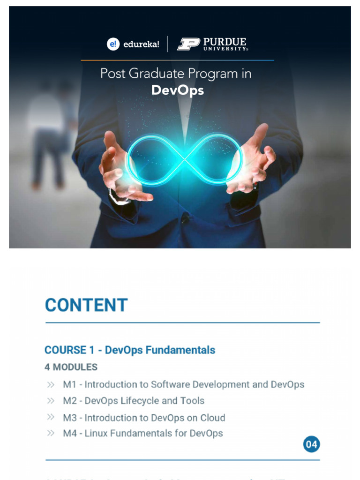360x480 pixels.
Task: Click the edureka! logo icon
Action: (x=113, y=45)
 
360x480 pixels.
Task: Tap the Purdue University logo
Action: (x=212, y=45)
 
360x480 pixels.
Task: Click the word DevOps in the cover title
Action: (x=177, y=90)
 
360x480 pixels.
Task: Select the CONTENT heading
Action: (x=86, y=305)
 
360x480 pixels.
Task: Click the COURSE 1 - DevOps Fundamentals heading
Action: (x=130, y=350)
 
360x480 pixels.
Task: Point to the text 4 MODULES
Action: (x=71, y=367)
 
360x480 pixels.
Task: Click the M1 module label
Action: (x=69, y=385)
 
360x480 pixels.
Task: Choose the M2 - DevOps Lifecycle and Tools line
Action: (x=134, y=401)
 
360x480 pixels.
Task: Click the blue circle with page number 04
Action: (x=311, y=444)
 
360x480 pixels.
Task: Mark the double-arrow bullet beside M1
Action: (x=51, y=385)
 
